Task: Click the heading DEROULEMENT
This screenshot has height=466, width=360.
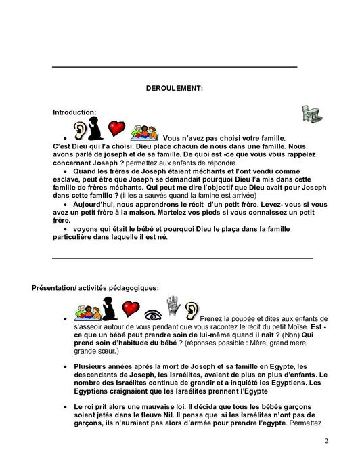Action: (x=174, y=87)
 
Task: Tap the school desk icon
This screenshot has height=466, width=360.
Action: (x=312, y=114)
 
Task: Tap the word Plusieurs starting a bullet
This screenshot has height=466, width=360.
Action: (x=93, y=367)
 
